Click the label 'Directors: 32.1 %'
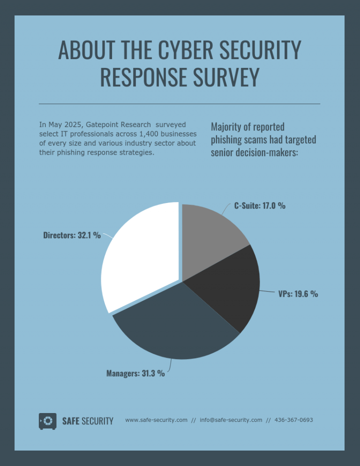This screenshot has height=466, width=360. (x=72, y=235)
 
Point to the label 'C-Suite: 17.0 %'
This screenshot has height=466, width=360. (x=260, y=206)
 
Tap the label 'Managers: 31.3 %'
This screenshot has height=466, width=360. (x=135, y=374)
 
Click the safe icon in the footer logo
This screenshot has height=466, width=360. (x=47, y=421)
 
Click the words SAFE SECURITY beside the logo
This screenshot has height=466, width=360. (x=88, y=421)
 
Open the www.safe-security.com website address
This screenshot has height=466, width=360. (x=156, y=420)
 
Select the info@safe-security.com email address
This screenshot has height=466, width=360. (x=231, y=420)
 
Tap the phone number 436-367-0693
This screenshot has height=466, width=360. (x=293, y=420)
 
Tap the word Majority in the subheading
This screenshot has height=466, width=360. (x=228, y=127)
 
